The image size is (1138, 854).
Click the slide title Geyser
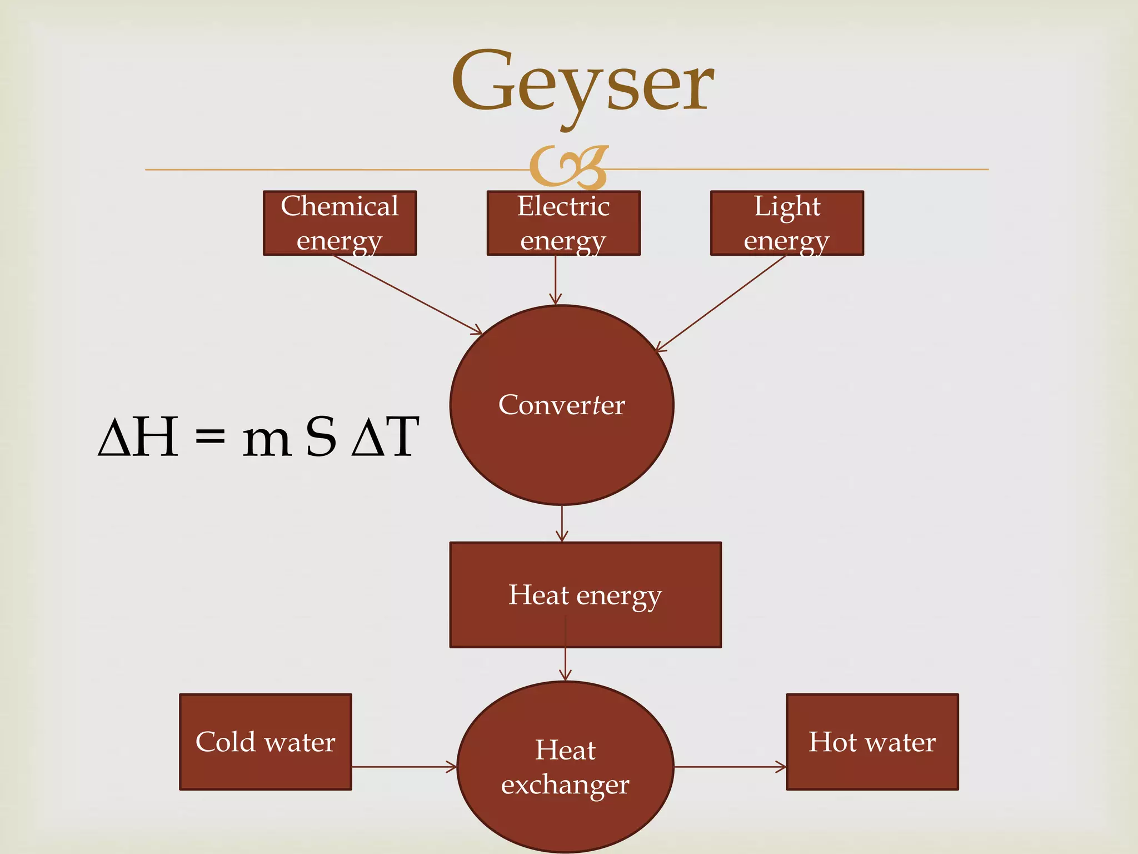[582, 83]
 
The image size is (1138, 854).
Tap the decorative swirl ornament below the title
[568, 167]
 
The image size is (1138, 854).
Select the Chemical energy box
[340, 223]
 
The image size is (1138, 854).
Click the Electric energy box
[563, 223]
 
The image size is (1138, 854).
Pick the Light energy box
[787, 223]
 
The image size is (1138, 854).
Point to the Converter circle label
[562, 405]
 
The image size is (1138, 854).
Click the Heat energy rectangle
[585, 594]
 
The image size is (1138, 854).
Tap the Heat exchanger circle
[565, 767]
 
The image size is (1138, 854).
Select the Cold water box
[266, 742]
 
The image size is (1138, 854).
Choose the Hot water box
[872, 742]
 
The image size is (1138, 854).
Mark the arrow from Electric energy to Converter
[556, 280]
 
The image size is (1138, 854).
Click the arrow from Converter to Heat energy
[562, 523]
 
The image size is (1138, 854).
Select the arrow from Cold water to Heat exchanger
[404, 767]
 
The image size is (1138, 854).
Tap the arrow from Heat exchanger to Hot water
[730, 767]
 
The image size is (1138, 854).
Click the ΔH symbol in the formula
[138, 437]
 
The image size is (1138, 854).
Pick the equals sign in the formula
[211, 437]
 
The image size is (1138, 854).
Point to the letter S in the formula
[321, 437]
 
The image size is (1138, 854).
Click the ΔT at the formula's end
[385, 437]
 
